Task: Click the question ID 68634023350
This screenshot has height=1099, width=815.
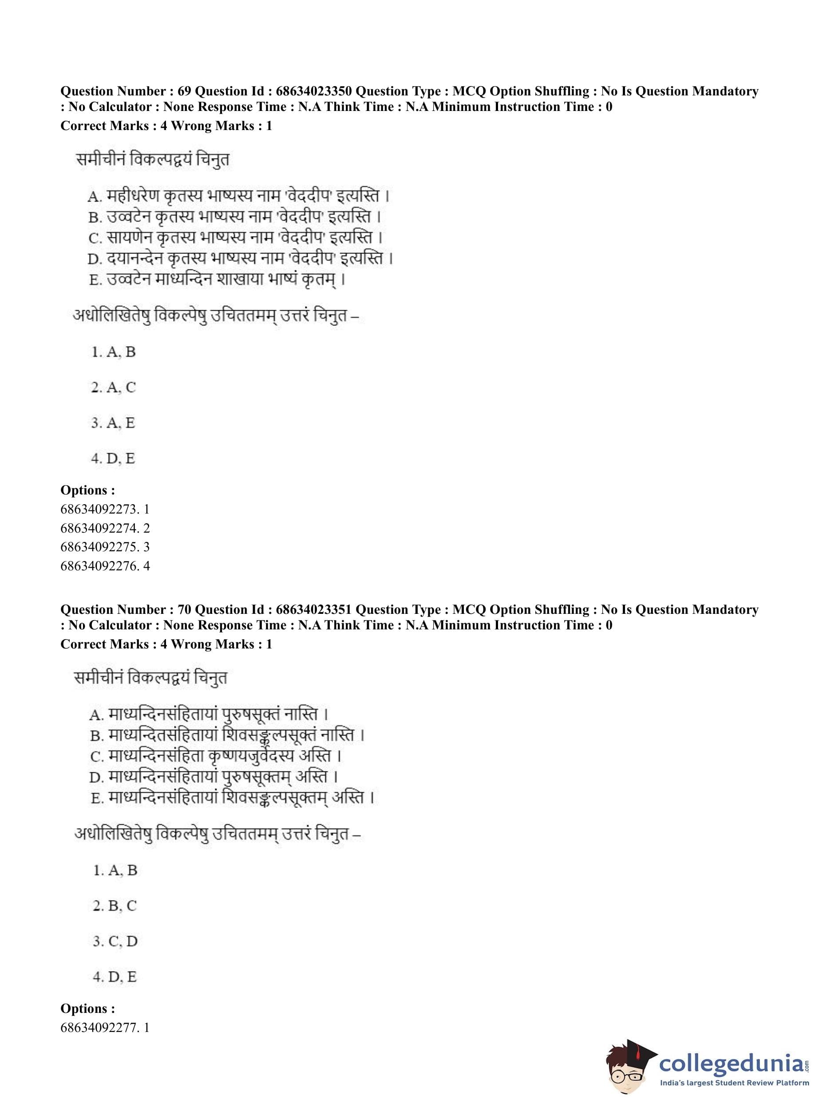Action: pos(313,91)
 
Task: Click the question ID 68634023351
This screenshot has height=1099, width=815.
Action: pos(313,610)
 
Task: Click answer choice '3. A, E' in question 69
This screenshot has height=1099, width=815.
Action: pos(113,423)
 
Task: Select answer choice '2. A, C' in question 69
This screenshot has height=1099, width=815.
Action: pos(113,387)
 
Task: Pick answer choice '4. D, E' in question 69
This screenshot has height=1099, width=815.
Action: pos(113,458)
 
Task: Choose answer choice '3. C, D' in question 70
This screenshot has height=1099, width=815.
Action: pos(115,941)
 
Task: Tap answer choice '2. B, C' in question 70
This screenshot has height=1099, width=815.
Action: pos(115,905)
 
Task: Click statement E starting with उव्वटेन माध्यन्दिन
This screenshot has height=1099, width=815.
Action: pos(217,280)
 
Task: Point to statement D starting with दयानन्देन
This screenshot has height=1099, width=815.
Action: pos(240,258)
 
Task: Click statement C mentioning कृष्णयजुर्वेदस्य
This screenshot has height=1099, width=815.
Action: pos(216,756)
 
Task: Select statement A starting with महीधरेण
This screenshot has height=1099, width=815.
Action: pos(239,196)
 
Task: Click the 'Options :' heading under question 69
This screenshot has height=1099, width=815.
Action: pos(88,490)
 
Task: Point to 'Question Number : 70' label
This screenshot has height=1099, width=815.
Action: pos(126,610)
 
